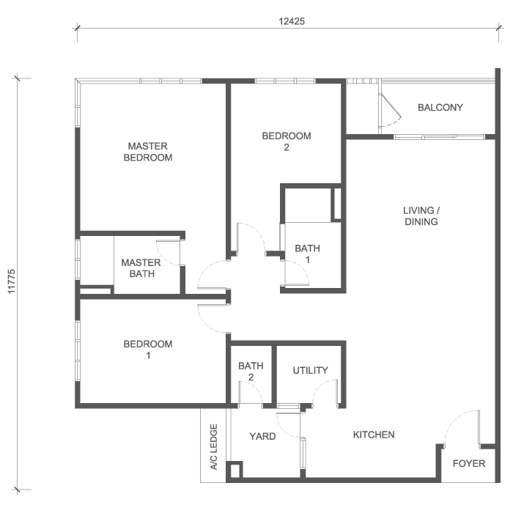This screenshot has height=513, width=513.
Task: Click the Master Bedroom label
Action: (147, 152)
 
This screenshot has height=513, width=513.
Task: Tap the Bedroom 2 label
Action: (287, 141)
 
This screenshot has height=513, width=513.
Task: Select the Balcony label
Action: (440, 108)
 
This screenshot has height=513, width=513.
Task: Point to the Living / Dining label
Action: (421, 216)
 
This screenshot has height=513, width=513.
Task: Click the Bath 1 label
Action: (307, 254)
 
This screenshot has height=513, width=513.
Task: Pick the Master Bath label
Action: (141, 268)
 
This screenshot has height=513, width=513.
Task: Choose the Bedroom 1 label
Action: (148, 350)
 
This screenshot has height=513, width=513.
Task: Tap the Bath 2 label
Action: (251, 372)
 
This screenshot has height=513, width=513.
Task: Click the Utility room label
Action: (310, 370)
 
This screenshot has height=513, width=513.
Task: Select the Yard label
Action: (262, 436)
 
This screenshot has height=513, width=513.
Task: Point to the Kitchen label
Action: (374, 435)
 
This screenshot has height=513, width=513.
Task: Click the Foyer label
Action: (468, 463)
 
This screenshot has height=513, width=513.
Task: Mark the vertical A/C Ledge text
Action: (214, 447)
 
